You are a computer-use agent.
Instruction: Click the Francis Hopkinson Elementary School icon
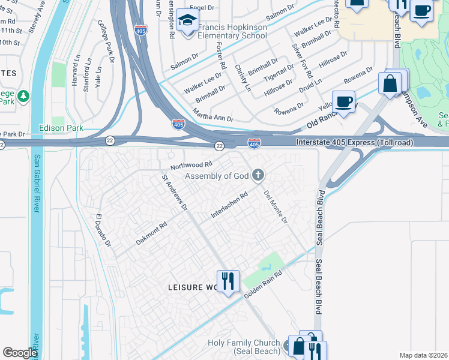pos(188,23)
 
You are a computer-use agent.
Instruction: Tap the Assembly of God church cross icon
pos(258,176)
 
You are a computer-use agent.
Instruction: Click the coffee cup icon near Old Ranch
pos(344,101)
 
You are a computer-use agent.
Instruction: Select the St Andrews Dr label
pos(175,193)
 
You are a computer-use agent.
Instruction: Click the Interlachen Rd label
pos(229,205)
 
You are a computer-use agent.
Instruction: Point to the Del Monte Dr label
pos(276,207)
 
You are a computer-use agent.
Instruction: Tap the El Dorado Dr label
pos(103,231)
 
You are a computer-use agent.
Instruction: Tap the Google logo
pos(20,353)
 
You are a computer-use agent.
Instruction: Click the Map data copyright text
pos(424,355)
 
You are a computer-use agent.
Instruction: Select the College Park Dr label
pos(106,40)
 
